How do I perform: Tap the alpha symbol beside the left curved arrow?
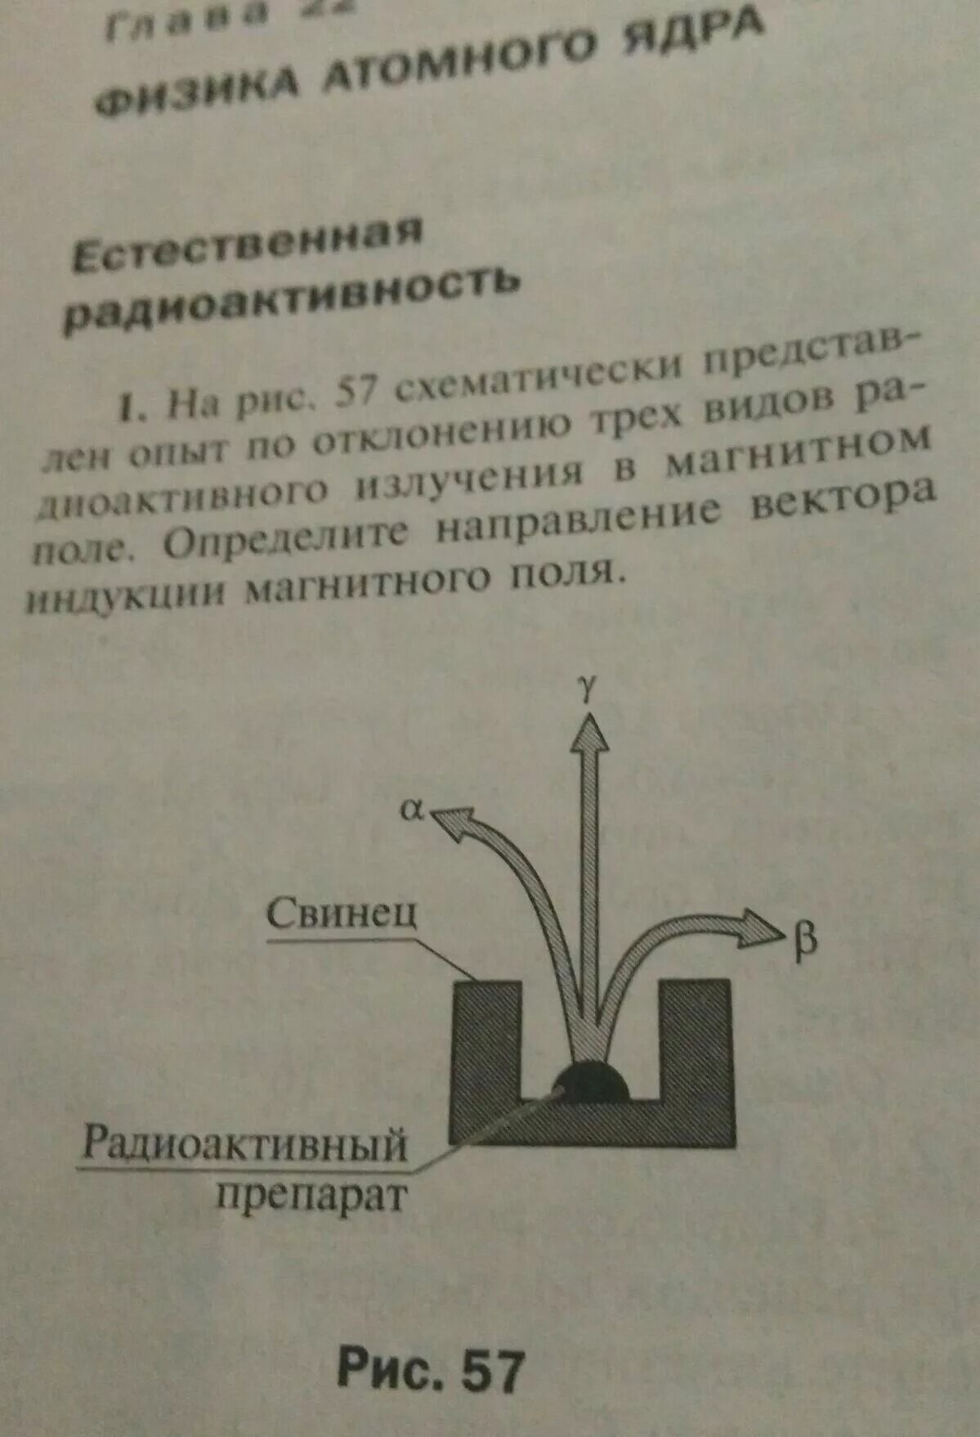[412, 810]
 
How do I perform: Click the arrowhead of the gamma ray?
[588, 733]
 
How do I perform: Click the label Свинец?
[342, 912]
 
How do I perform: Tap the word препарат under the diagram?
[311, 1197]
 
